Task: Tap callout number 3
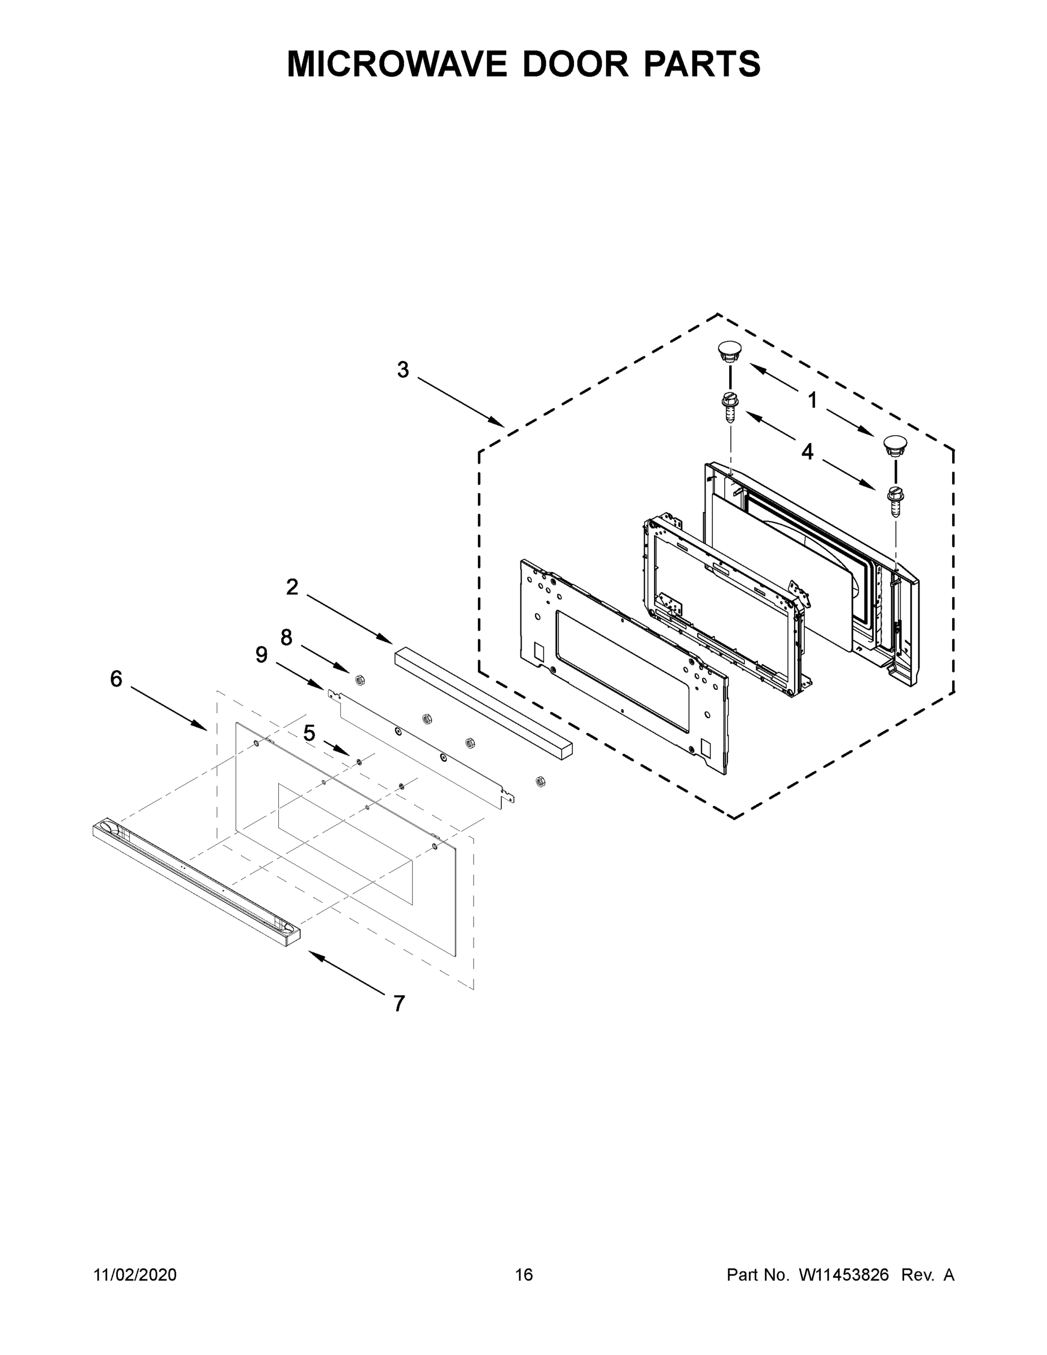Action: (x=402, y=370)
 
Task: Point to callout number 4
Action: (x=807, y=452)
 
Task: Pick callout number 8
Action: (x=286, y=637)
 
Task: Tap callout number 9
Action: (x=261, y=654)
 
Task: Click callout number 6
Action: (x=116, y=679)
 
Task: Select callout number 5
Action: (x=309, y=733)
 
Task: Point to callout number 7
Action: (x=400, y=1003)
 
